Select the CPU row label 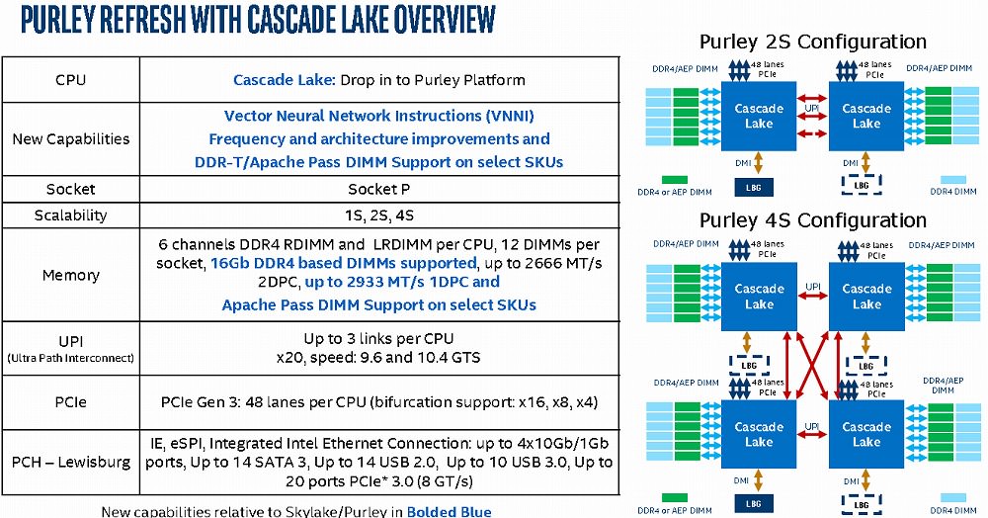(x=70, y=79)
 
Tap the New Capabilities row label (x=70, y=139)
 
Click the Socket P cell (x=379, y=189)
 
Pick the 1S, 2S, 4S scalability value (x=379, y=216)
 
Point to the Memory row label (x=70, y=275)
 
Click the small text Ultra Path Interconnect (x=70, y=358)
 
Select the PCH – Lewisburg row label (x=70, y=462)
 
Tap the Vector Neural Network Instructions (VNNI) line (x=379, y=116)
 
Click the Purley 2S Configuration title (x=812, y=42)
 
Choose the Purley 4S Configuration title (x=812, y=220)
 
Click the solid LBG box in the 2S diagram (x=752, y=185)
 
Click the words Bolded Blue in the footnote (x=449, y=511)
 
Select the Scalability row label (x=70, y=216)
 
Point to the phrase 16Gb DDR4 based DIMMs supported (x=342, y=263)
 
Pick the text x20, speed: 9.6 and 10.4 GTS (x=379, y=357)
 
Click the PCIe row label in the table (x=70, y=402)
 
